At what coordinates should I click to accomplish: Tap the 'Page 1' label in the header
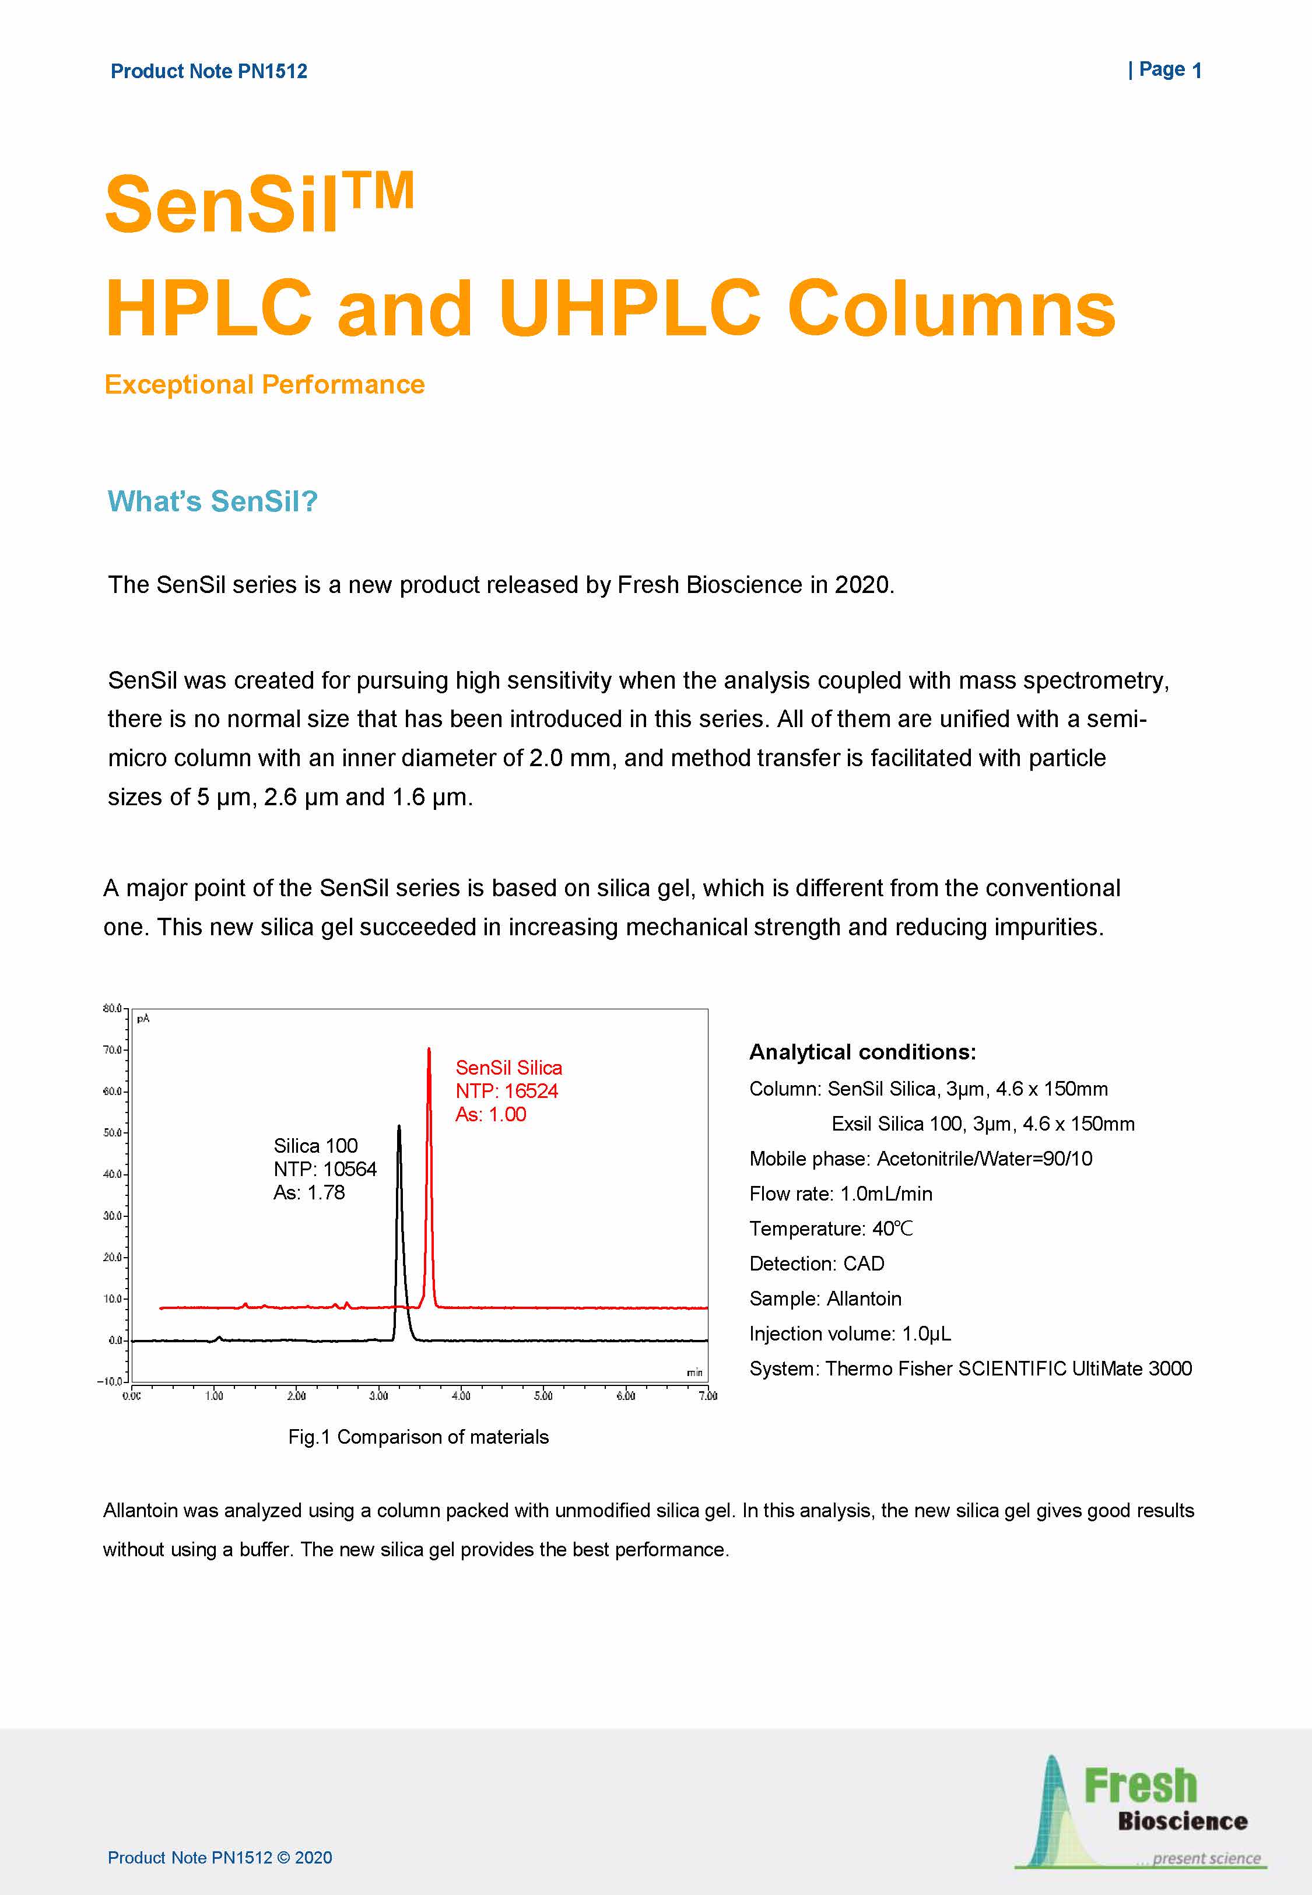pos(1165,70)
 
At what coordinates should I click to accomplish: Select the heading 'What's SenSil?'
pos(212,501)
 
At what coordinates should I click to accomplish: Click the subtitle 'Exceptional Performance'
pos(265,385)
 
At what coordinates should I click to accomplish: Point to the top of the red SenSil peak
pos(428,1050)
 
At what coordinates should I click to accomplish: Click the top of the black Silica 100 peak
pos(399,1127)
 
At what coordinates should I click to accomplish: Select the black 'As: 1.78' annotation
pos(309,1192)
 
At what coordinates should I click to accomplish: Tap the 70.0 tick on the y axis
pos(113,1050)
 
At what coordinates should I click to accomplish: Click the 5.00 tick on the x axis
pos(543,1395)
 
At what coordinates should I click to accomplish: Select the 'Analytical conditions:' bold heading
pos(862,1052)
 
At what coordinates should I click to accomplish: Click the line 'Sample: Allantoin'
pos(825,1299)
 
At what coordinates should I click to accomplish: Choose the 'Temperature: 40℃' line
pos(830,1229)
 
